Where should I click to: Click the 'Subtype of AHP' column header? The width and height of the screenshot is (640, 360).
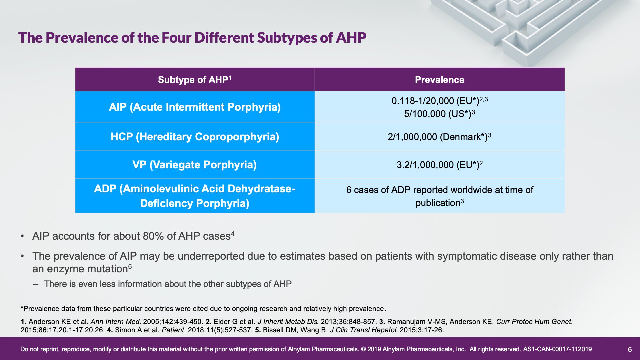point(195,80)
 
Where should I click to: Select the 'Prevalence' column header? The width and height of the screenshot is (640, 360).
point(439,80)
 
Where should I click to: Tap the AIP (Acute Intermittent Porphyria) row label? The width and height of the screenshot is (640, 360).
point(195,107)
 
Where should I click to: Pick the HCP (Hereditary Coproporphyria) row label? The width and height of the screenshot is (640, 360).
point(195,137)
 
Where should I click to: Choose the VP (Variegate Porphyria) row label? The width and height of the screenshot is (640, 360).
point(195,165)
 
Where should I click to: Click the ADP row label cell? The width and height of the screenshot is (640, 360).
point(195,196)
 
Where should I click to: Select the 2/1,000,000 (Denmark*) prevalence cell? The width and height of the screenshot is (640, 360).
point(439,137)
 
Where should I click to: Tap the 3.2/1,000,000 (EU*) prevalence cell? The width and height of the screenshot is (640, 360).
point(439,165)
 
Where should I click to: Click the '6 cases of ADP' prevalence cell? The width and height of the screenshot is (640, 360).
point(439,196)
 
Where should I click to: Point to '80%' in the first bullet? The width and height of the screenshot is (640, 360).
point(153,236)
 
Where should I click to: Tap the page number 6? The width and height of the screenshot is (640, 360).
point(630,349)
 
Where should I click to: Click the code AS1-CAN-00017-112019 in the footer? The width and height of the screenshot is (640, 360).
point(557,349)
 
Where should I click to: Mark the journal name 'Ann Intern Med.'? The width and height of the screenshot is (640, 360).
point(116,322)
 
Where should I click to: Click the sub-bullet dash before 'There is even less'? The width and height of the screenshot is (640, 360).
point(36,284)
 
